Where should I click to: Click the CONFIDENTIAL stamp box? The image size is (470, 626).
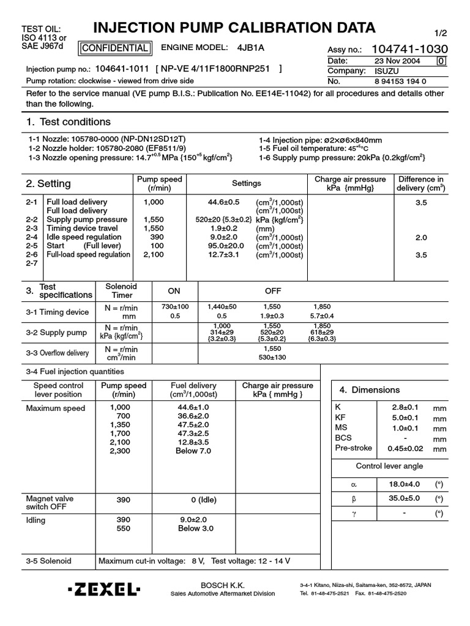tap(114, 48)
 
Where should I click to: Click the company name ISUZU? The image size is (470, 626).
tap(387, 71)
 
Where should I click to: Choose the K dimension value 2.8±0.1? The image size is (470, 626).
tap(404, 407)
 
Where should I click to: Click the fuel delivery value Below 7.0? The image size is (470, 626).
tap(193, 451)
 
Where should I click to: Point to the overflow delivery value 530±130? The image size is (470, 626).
tap(272, 358)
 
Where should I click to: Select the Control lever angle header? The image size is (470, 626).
tap(389, 466)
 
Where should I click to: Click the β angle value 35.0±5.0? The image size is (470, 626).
tap(404, 498)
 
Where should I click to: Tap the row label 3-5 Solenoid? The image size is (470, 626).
tap(48, 561)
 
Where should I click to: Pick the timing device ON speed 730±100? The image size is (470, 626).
tap(175, 306)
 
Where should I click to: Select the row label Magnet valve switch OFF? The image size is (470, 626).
tap(50, 503)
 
